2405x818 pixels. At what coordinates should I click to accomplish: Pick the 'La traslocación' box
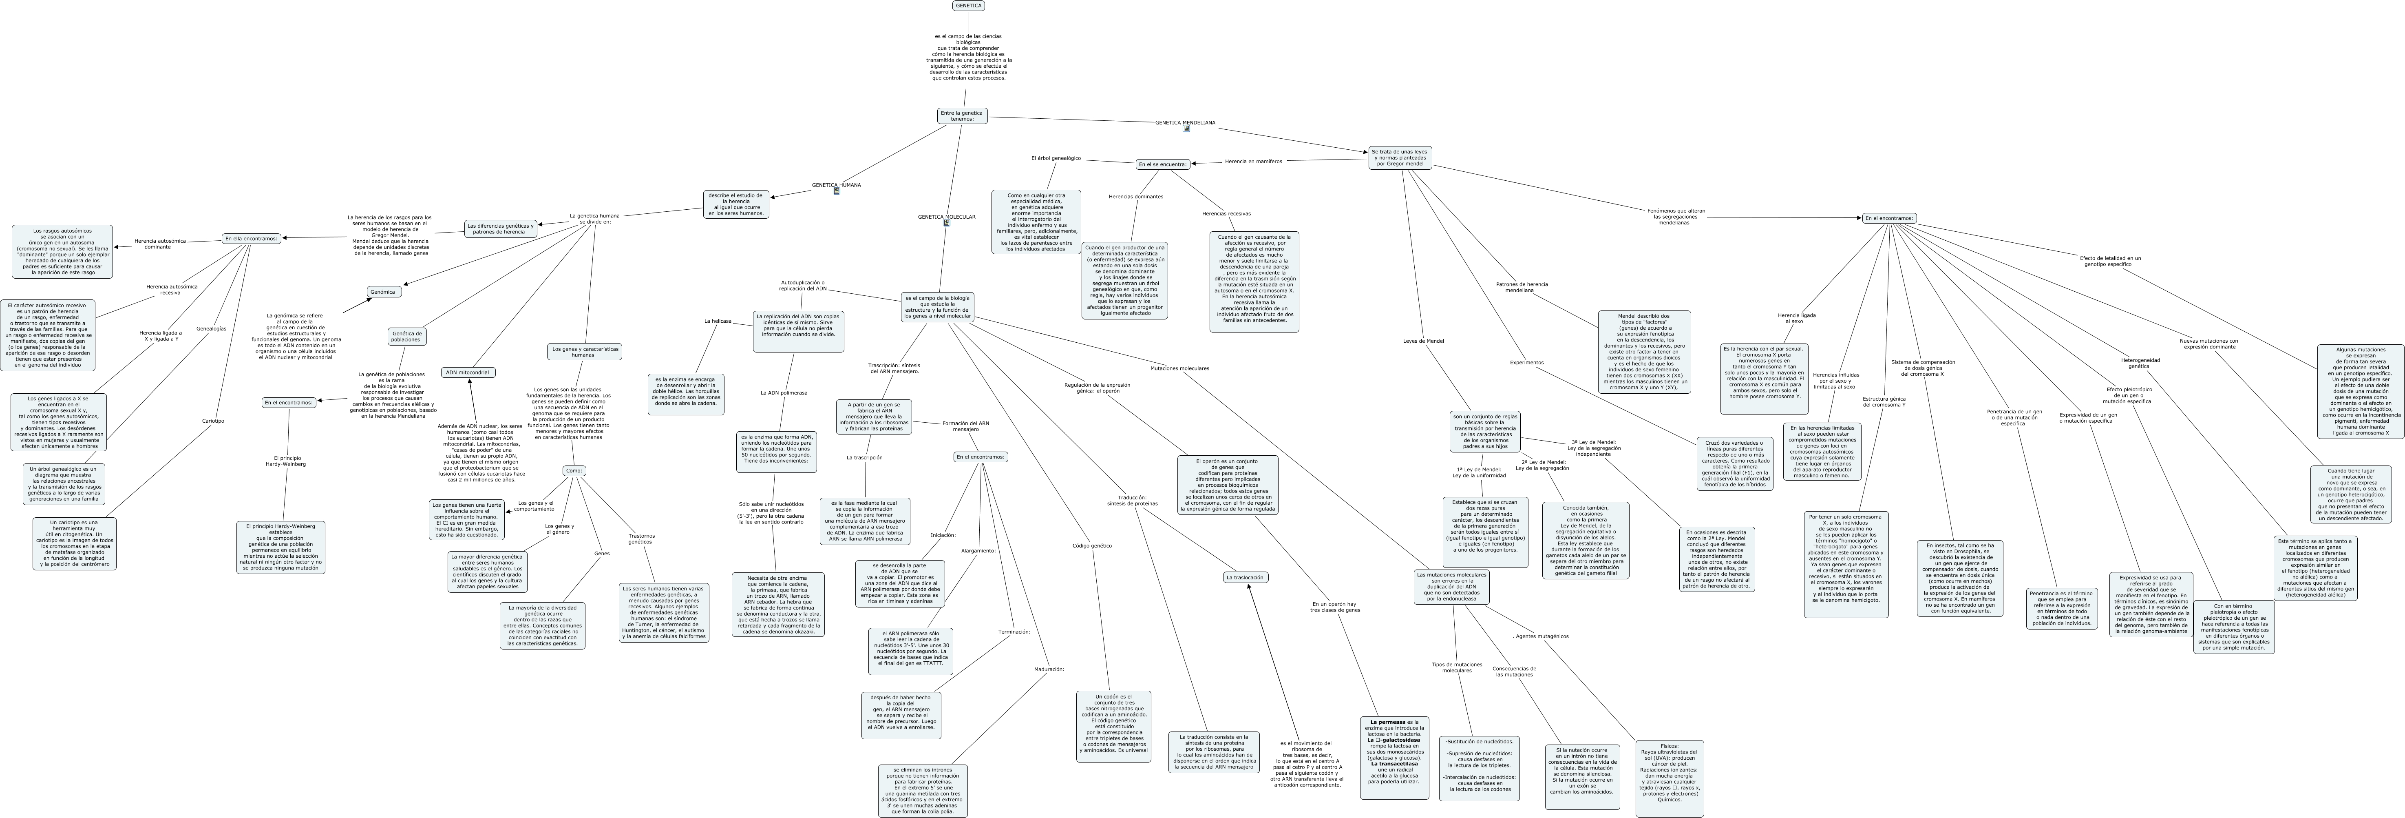point(1245,577)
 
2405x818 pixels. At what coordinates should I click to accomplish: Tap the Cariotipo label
point(213,421)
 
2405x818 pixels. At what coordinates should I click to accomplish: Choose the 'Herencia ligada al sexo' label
point(1796,318)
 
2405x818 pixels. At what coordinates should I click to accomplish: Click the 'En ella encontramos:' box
point(251,238)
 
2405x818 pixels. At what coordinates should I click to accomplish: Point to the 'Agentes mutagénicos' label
point(1540,636)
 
